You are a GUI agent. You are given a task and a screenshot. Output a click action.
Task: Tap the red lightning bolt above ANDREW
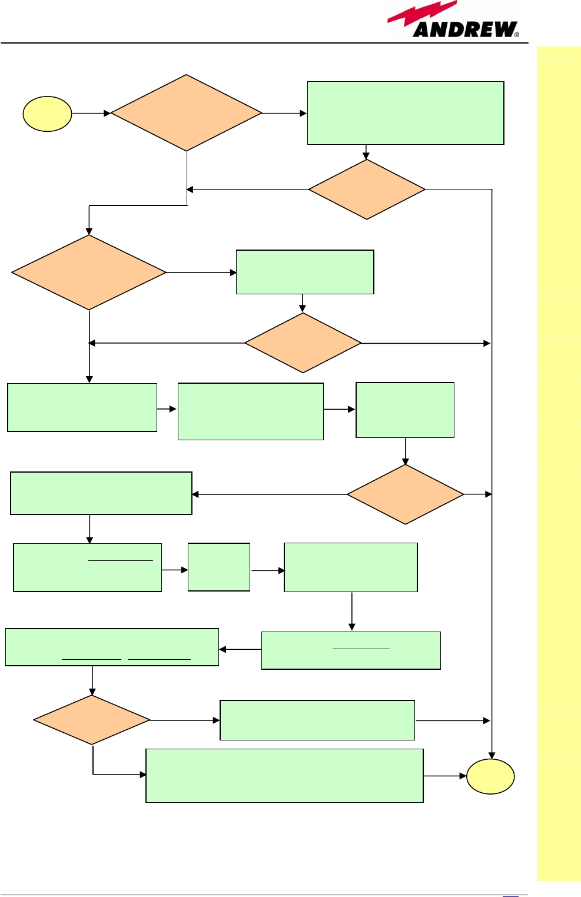[421, 14]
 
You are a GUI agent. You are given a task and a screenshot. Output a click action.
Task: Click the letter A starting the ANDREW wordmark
[423, 29]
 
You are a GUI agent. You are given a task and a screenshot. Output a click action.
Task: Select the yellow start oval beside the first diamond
[47, 114]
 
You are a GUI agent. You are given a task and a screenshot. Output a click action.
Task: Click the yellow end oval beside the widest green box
[490, 776]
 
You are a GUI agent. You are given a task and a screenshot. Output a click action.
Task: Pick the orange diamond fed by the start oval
[186, 113]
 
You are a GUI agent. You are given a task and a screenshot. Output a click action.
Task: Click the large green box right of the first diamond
[406, 113]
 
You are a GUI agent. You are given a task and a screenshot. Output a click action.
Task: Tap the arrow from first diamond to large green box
[284, 113]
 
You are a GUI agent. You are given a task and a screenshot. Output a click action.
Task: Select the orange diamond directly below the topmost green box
[367, 190]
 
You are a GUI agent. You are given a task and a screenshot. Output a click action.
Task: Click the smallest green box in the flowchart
[219, 567]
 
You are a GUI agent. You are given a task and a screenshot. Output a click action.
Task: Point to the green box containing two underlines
[112, 647]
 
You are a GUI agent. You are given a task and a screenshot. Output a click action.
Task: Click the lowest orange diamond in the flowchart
[92, 720]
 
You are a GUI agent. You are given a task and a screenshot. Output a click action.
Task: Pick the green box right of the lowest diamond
[317, 720]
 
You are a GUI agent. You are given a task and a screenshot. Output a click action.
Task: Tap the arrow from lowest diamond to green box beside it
[185, 720]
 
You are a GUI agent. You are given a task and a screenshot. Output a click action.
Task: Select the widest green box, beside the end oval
[284, 775]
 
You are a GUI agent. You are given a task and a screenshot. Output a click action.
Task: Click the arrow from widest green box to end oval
[445, 776]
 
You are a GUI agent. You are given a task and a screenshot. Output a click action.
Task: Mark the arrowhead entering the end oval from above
[492, 755]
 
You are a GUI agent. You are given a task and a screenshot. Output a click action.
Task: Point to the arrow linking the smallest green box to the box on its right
[267, 570]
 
